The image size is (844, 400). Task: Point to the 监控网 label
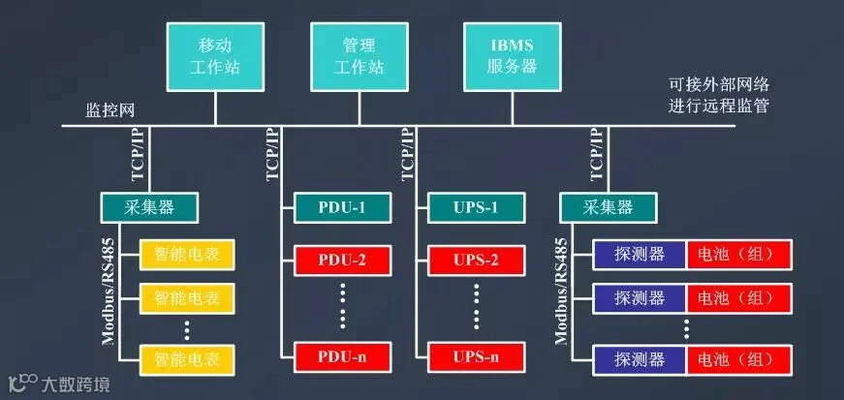[109, 109]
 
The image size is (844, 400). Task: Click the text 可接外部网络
[719, 84]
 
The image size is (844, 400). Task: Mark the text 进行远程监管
[719, 105]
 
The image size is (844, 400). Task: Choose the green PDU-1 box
[341, 205]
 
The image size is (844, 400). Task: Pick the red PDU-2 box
[341, 259]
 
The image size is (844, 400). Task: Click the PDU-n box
[341, 356]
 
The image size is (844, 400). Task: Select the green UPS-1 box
[475, 205]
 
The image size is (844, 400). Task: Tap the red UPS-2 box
[475, 259]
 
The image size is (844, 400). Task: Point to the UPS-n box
[475, 356]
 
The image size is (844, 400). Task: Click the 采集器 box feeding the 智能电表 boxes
[149, 205]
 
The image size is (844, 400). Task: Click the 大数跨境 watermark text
[75, 385]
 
